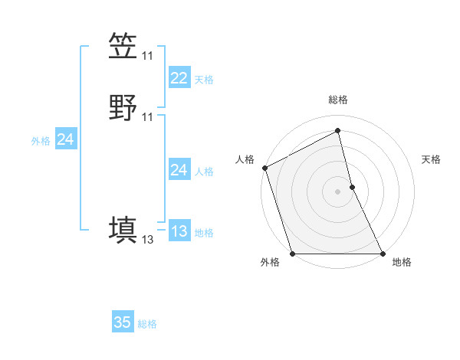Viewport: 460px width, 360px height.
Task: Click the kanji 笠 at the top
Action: (123, 46)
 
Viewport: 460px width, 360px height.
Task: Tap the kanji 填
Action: (123, 230)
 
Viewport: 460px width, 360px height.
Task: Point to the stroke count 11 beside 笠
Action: (147, 56)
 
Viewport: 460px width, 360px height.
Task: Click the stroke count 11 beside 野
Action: (147, 117)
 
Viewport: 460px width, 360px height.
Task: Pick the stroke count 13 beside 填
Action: (147, 240)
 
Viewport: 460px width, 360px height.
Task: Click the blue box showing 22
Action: (179, 78)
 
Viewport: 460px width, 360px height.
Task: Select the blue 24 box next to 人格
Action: (179, 170)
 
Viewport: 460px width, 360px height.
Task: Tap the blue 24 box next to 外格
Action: (65, 139)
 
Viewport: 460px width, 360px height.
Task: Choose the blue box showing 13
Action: (179, 231)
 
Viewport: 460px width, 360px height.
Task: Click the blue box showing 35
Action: (123, 322)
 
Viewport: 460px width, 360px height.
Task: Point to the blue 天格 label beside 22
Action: (204, 80)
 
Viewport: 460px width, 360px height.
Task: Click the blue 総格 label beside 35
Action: (147, 324)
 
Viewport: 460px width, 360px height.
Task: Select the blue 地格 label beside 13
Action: (204, 233)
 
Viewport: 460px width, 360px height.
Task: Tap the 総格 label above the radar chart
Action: (338, 100)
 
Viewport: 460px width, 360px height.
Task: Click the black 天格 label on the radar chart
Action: (432, 159)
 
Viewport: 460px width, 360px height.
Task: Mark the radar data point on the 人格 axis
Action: (264, 168)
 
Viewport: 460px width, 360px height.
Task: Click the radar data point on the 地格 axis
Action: (383, 254)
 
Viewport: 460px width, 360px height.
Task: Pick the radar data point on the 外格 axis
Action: (293, 254)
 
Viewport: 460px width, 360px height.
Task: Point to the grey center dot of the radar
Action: (338, 191)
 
